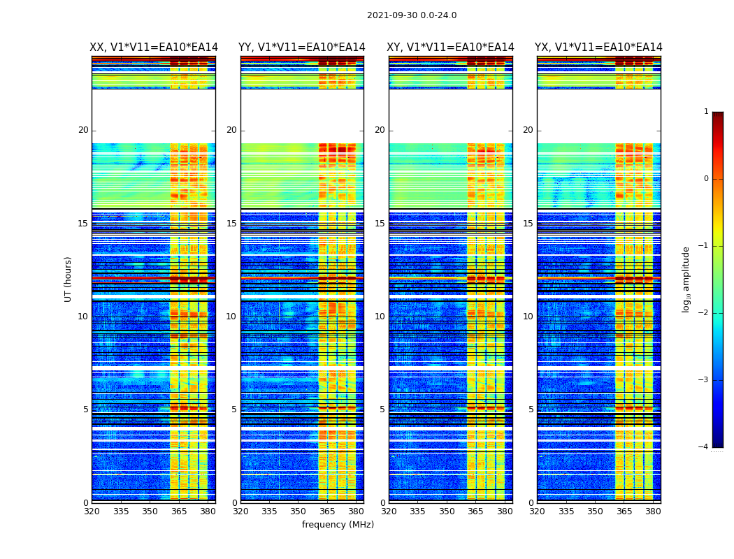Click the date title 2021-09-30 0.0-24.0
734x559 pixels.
pyautogui.click(x=412, y=15)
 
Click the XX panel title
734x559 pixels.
pyautogui.click(x=154, y=48)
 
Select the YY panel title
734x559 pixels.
pyautogui.click(x=302, y=48)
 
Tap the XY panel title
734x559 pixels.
pyautogui.click(x=451, y=48)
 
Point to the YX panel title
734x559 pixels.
pyautogui.click(x=599, y=48)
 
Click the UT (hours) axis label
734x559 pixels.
pyautogui.click(x=69, y=279)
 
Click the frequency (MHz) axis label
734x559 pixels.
pyautogui.click(x=338, y=525)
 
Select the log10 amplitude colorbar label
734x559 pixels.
pyautogui.click(x=686, y=279)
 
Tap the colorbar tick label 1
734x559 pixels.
pyautogui.click(x=706, y=112)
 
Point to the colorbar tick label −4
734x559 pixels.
pyautogui.click(x=705, y=447)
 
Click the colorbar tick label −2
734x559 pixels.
pyautogui.click(x=705, y=313)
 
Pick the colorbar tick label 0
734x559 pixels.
pyautogui.click(x=706, y=179)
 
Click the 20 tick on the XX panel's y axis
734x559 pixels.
pyautogui.click(x=83, y=130)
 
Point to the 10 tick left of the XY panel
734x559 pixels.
pyautogui.click(x=380, y=317)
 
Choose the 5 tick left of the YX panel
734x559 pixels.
pyautogui.click(x=531, y=409)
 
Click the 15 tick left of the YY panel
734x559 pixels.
pyautogui.click(x=231, y=224)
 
